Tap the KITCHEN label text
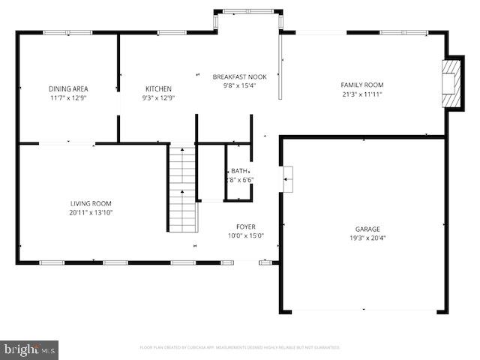tap(158, 88)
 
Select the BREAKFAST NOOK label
tap(239, 76)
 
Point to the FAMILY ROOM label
tap(362, 85)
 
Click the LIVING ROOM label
tap(91, 203)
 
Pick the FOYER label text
tap(246, 226)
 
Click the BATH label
tap(239, 171)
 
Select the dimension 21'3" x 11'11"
tap(362, 94)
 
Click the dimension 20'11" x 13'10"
tap(91, 212)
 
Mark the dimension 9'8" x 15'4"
tap(239, 85)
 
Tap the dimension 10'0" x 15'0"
tap(246, 235)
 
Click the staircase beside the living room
tap(181, 189)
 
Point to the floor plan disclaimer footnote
tap(240, 347)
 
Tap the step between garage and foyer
tap(288, 175)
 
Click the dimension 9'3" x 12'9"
tap(158, 97)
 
